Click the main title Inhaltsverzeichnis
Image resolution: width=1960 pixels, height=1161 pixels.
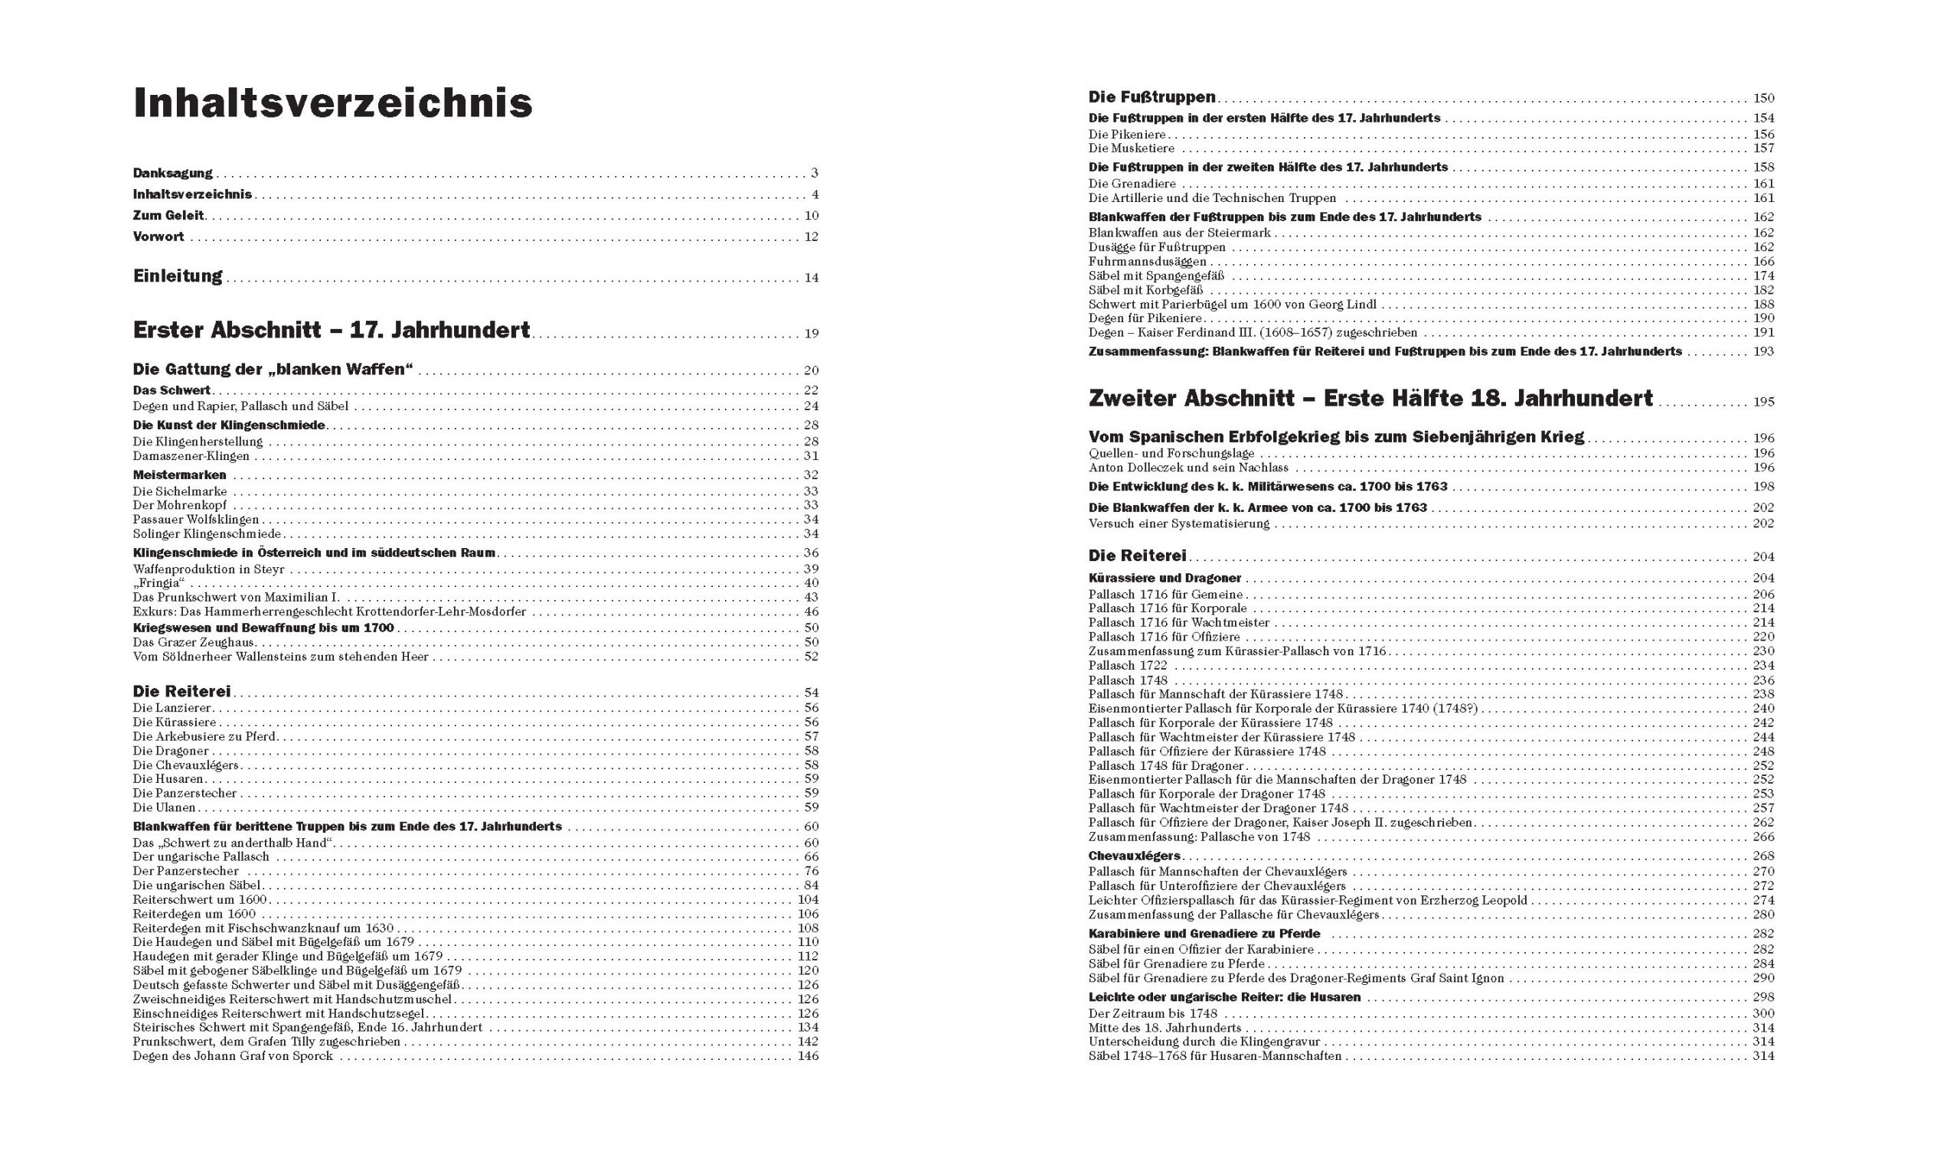(332, 103)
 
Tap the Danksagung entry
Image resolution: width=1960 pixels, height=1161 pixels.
(172, 173)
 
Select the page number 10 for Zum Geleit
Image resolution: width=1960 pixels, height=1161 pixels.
(811, 216)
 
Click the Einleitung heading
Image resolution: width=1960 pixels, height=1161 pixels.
(178, 276)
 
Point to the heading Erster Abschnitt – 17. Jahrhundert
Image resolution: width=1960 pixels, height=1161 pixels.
(331, 331)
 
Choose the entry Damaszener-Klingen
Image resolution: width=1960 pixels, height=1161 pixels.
(191, 456)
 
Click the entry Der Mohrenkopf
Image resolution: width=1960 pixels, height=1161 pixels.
(179, 505)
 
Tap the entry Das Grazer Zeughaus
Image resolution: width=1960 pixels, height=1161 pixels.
(194, 642)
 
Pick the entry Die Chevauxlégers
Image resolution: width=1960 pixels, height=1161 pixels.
(185, 765)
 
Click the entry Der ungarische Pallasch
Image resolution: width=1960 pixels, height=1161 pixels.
(201, 856)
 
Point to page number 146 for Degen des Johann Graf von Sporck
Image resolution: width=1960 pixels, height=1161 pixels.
(808, 1056)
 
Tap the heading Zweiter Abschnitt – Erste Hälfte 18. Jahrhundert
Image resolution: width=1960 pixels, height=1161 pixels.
(1370, 399)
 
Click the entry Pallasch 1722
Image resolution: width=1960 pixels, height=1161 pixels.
(1128, 666)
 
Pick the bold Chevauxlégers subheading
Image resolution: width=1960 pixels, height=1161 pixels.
(1134, 856)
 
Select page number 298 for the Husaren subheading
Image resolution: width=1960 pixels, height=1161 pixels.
(1762, 997)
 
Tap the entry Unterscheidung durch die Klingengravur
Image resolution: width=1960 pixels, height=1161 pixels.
(1204, 1042)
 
